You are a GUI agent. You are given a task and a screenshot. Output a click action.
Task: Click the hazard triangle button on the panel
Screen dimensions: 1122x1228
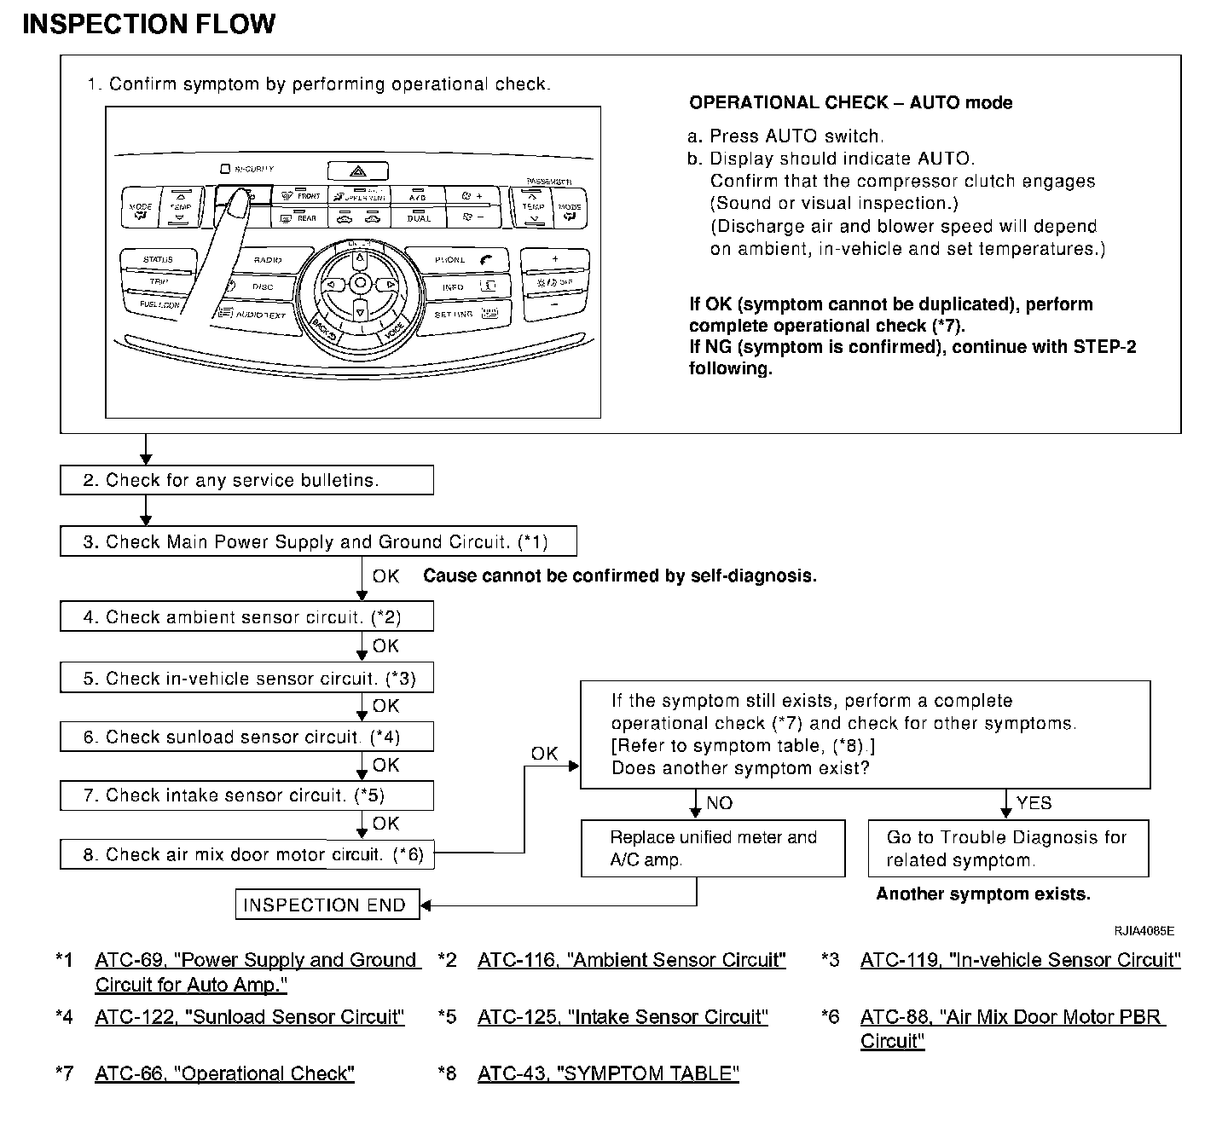pyautogui.click(x=357, y=171)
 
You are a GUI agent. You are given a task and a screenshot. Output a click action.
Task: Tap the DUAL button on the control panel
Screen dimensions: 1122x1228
pyautogui.click(x=418, y=217)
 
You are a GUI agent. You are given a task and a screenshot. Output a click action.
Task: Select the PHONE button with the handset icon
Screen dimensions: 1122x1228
pyautogui.click(x=457, y=260)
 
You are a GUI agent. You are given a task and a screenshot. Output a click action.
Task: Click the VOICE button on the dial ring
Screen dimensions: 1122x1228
pyautogui.click(x=393, y=330)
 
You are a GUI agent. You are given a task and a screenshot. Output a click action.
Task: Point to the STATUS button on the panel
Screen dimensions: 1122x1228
pyautogui.click(x=158, y=259)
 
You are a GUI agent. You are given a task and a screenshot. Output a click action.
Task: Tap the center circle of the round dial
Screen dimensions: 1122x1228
pyautogui.click(x=360, y=283)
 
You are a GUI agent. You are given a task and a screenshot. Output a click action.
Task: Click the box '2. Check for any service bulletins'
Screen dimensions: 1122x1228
pyautogui.click(x=246, y=480)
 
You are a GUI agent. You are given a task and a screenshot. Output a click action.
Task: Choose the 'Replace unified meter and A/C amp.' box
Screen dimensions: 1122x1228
pyautogui.click(x=713, y=848)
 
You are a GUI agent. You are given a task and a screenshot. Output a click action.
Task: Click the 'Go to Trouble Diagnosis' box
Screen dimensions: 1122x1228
pyautogui.click(x=1008, y=848)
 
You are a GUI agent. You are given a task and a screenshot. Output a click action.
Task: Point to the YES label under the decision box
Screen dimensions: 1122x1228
pyautogui.click(x=1034, y=803)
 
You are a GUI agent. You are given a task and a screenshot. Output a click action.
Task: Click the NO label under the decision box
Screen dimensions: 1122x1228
pyautogui.click(x=719, y=803)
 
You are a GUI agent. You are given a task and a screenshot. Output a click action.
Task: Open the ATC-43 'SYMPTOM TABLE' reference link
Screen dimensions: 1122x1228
pyautogui.click(x=607, y=1073)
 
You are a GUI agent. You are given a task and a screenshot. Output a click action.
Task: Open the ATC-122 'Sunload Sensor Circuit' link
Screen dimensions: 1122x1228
pyautogui.click(x=249, y=1017)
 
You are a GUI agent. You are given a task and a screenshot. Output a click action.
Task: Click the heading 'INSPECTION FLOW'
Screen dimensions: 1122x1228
pyautogui.click(x=149, y=24)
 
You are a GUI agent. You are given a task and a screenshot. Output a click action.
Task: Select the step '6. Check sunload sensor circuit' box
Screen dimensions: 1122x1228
pyautogui.click(x=246, y=737)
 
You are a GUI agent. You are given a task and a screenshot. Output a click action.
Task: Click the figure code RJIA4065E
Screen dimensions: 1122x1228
pyautogui.click(x=1144, y=930)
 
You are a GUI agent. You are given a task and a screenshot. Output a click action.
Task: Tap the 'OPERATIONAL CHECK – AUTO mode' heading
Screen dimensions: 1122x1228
pyautogui.click(x=850, y=103)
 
